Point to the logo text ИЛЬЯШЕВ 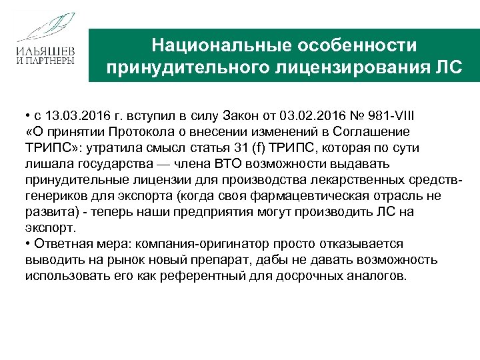click(x=45, y=51)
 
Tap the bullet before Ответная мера click(x=28, y=243)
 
